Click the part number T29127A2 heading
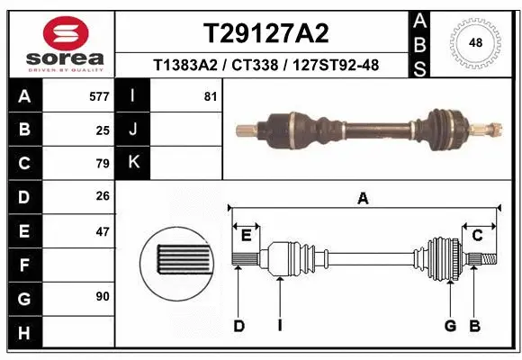[265, 33]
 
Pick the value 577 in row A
[100, 96]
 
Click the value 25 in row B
[103, 130]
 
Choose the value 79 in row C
[103, 164]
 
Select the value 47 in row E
[103, 231]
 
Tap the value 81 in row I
[210, 96]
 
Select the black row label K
[133, 163]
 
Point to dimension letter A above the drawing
[363, 200]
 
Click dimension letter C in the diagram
[478, 235]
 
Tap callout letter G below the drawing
[449, 326]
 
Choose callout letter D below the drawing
[238, 326]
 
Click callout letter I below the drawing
[280, 326]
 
